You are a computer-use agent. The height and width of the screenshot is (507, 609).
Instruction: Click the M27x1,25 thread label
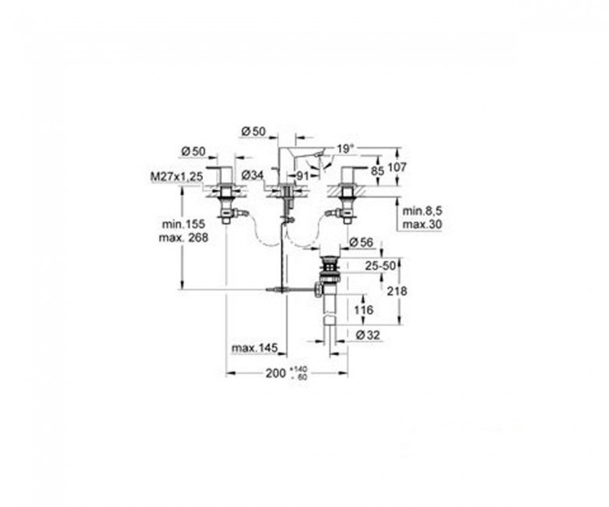[176, 177]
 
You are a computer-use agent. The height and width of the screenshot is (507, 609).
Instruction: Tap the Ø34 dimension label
[252, 175]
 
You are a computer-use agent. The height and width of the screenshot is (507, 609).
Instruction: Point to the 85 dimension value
[377, 171]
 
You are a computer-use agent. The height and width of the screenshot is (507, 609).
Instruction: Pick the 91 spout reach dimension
[302, 175]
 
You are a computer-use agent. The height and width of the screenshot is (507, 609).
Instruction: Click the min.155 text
[183, 224]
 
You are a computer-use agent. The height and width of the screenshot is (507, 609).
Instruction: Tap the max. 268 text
[183, 237]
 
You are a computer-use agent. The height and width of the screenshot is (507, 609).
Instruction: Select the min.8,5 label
[422, 211]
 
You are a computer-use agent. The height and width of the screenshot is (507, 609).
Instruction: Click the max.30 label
[422, 224]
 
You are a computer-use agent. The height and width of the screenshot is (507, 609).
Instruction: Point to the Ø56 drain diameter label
[361, 243]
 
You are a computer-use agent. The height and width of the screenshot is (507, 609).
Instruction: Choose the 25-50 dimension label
[380, 266]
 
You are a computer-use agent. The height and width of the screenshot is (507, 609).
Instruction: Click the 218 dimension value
[397, 291]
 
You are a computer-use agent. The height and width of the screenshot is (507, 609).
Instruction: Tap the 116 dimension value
[363, 310]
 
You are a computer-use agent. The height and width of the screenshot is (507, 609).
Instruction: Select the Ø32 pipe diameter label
[367, 335]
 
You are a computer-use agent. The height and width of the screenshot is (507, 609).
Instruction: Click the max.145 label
[255, 348]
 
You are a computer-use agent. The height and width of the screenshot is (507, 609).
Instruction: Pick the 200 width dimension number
[276, 373]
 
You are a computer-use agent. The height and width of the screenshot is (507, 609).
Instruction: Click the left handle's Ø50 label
[193, 151]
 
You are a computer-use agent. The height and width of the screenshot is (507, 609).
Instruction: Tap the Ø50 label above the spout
[253, 132]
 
